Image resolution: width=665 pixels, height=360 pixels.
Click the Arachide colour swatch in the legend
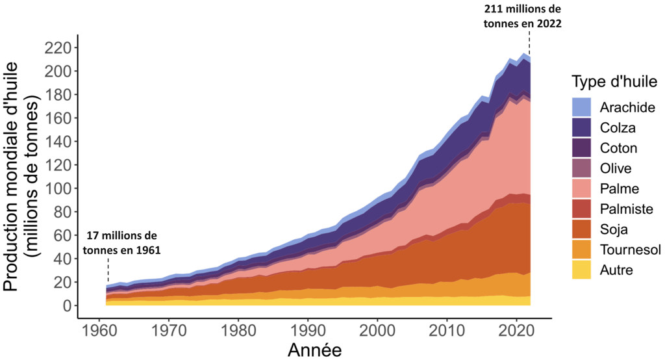click(582, 107)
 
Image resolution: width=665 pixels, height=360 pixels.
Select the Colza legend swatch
click(582, 127)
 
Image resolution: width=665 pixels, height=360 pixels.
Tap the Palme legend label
click(620, 188)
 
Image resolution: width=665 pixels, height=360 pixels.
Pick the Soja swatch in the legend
click(582, 229)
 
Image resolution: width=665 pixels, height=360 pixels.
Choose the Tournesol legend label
click(629, 250)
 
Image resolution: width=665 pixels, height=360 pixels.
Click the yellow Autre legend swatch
click(582, 270)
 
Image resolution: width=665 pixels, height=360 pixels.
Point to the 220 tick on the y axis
click(58, 47)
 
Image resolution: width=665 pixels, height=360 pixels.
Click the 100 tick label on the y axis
click(58, 188)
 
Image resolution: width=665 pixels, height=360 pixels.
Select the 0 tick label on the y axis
click(68, 305)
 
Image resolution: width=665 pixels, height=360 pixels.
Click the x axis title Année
click(314, 349)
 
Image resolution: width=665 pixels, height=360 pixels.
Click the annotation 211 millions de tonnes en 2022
click(522, 16)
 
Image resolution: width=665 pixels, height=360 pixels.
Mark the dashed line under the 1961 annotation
click(108, 270)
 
